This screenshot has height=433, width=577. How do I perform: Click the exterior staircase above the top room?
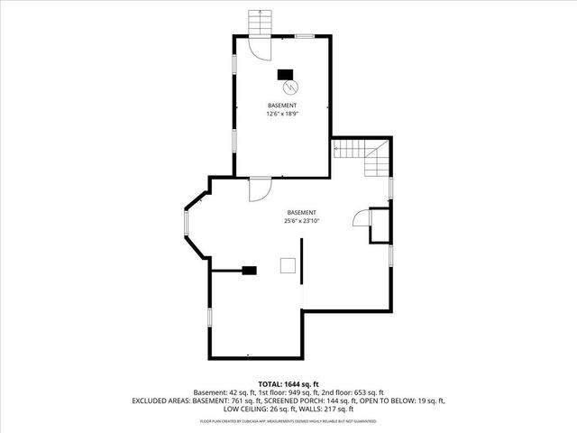point(260,22)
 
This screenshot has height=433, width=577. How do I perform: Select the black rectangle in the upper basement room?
point(285,74)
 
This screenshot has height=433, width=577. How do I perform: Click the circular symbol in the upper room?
point(290,88)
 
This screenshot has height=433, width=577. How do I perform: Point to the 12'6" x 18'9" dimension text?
point(282,115)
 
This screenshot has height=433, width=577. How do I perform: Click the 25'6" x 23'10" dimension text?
point(302,219)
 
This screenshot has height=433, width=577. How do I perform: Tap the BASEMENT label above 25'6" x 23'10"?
point(302,210)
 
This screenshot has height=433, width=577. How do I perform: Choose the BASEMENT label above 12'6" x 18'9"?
point(282,106)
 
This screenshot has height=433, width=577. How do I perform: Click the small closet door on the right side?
point(361,219)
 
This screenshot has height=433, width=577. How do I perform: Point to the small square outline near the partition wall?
point(287,263)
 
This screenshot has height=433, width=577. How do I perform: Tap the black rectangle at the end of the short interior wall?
point(250,270)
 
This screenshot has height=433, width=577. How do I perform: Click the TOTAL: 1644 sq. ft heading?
point(288,383)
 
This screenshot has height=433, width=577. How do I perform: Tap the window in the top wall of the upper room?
point(306,35)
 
